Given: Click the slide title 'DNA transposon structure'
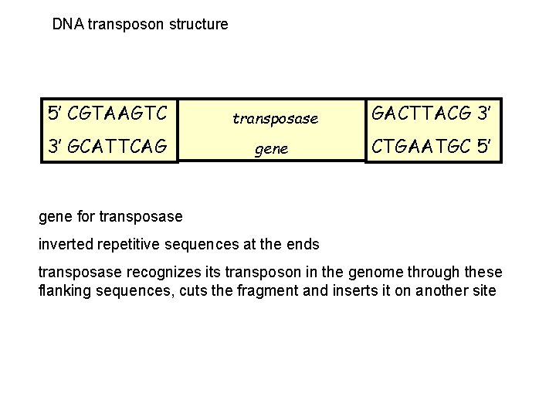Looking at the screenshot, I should coord(140,24).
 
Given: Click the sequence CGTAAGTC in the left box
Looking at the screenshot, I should coord(117,114).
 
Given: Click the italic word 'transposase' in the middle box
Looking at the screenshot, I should coord(276,118).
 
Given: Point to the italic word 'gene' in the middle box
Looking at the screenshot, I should coord(271,149).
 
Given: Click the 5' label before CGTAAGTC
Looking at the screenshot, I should coord(54,114).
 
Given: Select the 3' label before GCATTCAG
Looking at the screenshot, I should coord(54,144).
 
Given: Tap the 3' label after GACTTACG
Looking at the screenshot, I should coord(483,114).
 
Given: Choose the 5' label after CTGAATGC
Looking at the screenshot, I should coord(483,144).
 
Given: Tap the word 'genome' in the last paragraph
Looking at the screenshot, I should coord(363,273).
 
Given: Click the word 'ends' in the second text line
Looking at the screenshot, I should coord(302,245).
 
